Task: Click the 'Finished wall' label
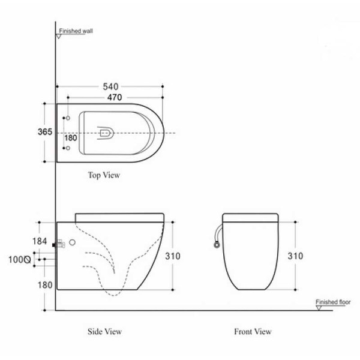tap(76, 30)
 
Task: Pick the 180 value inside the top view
tap(71, 137)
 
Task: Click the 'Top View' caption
tap(104, 176)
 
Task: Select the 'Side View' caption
tap(105, 331)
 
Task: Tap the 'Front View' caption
tap(253, 331)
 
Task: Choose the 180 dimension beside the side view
tap(45, 285)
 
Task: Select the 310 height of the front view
tap(295, 256)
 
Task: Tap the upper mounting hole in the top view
tap(67, 118)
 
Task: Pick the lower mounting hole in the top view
tap(67, 148)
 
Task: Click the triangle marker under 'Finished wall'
tap(59, 36)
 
